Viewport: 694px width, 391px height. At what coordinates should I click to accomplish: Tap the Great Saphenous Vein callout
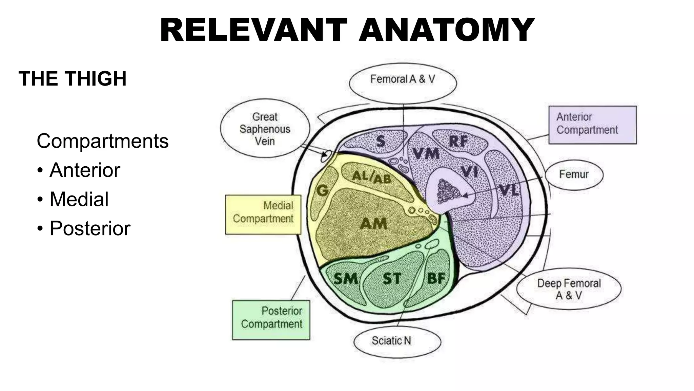coord(265,129)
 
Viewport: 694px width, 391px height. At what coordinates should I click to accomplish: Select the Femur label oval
coord(574,174)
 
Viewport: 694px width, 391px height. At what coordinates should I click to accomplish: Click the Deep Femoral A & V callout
coord(569,289)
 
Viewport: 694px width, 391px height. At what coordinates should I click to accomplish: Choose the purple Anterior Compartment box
coord(592,125)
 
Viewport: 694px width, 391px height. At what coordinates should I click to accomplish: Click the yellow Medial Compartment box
coord(263,215)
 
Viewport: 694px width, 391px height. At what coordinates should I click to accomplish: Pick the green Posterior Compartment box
coord(271,320)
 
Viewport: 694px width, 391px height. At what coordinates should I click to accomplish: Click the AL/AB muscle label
coord(372,177)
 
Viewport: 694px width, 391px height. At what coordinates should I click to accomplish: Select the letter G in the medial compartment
coord(323,190)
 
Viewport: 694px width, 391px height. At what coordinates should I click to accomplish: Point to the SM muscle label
coord(346,279)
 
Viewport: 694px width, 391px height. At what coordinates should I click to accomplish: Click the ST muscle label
coord(392,279)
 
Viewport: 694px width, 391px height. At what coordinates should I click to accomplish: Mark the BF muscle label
coord(436,279)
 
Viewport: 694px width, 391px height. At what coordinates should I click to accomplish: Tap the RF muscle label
coord(458,142)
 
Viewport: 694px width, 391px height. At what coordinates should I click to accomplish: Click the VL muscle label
coord(509,190)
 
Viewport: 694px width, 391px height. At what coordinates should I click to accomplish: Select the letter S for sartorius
coord(381,141)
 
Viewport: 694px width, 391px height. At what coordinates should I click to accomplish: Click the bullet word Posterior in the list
coord(90,228)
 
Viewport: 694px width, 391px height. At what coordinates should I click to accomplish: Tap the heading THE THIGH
coord(73,79)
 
